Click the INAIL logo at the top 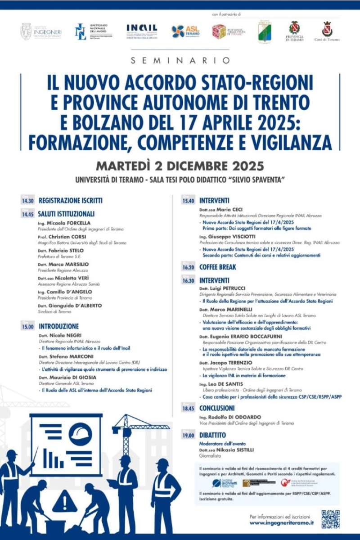tap(142, 31)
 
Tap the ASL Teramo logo tap(185, 31)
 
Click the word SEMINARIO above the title tap(180, 60)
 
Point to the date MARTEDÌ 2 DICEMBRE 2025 tap(180, 166)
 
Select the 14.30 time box tap(27, 201)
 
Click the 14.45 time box tap(27, 214)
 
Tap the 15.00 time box tap(27, 327)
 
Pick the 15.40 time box tap(188, 201)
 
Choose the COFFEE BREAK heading tap(218, 267)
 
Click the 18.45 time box tap(188, 409)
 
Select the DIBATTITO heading tap(213, 435)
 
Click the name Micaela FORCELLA tap(68, 223)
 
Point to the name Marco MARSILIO tap(67, 264)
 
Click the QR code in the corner tap(330, 519)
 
